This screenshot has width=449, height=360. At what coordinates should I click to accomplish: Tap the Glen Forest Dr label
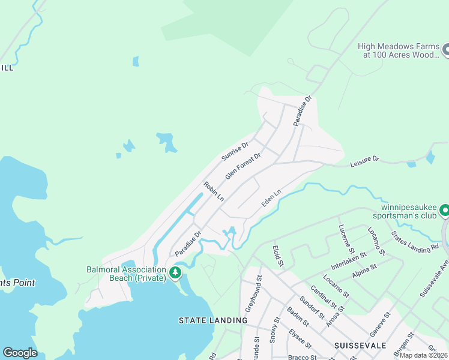coord(243,166)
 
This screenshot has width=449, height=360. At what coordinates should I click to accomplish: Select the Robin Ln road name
coord(214,191)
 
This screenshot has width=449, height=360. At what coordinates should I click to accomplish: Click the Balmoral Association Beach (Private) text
coord(126,274)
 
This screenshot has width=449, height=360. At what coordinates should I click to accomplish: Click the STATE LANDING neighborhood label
coord(213,320)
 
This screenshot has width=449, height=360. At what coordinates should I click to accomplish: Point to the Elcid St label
coord(277,256)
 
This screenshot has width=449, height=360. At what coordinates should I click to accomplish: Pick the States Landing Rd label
coord(415,242)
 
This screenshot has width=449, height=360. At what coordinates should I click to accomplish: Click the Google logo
coord(20,353)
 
